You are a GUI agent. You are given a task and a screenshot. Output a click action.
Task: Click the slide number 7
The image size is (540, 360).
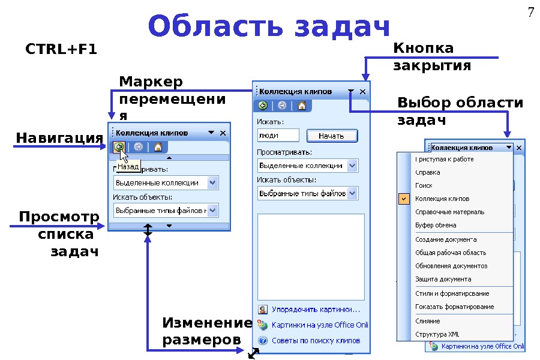point(530,12)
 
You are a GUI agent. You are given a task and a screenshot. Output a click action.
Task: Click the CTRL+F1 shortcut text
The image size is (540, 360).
point(61,49)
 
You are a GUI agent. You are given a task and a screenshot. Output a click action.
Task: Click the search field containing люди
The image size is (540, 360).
point(278,136)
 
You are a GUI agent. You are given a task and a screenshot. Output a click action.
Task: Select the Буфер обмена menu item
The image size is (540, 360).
point(436,225)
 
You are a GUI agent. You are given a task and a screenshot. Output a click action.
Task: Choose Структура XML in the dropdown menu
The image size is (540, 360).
point(437,334)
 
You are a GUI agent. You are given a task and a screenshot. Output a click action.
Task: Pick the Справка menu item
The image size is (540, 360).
point(427,172)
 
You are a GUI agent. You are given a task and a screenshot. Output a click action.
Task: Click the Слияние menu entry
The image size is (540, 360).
point(428,321)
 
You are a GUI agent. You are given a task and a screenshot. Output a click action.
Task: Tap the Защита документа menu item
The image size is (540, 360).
point(443,279)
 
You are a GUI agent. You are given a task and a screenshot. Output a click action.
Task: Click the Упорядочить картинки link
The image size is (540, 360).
point(315,310)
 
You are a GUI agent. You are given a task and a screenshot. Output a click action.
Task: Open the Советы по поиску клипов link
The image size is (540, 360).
point(316,340)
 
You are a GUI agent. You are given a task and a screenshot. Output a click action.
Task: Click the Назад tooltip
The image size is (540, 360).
point(128,166)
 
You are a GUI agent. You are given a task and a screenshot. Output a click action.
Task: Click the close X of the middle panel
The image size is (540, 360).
point(362,92)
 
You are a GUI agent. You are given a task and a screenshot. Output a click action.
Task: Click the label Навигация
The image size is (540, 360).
point(59,139)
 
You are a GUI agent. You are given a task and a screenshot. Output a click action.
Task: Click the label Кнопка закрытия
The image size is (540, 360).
point(432,56)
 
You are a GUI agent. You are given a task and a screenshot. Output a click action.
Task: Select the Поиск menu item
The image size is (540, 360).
point(424,185)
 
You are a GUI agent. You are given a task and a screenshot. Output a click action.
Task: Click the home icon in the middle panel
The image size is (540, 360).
point(302,106)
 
